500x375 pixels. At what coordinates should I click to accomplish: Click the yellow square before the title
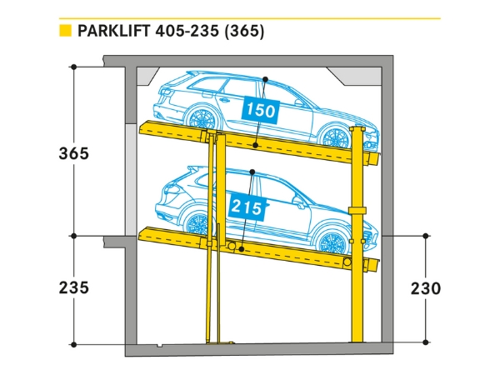tap(64, 32)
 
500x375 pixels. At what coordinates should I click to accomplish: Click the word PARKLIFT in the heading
tap(116, 32)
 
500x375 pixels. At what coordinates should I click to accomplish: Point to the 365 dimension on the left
tap(73, 154)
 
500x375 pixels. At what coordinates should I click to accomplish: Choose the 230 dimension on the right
tap(426, 288)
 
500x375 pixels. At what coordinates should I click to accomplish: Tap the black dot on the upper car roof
tap(264, 79)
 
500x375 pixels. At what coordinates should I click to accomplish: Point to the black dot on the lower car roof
tap(252, 173)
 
